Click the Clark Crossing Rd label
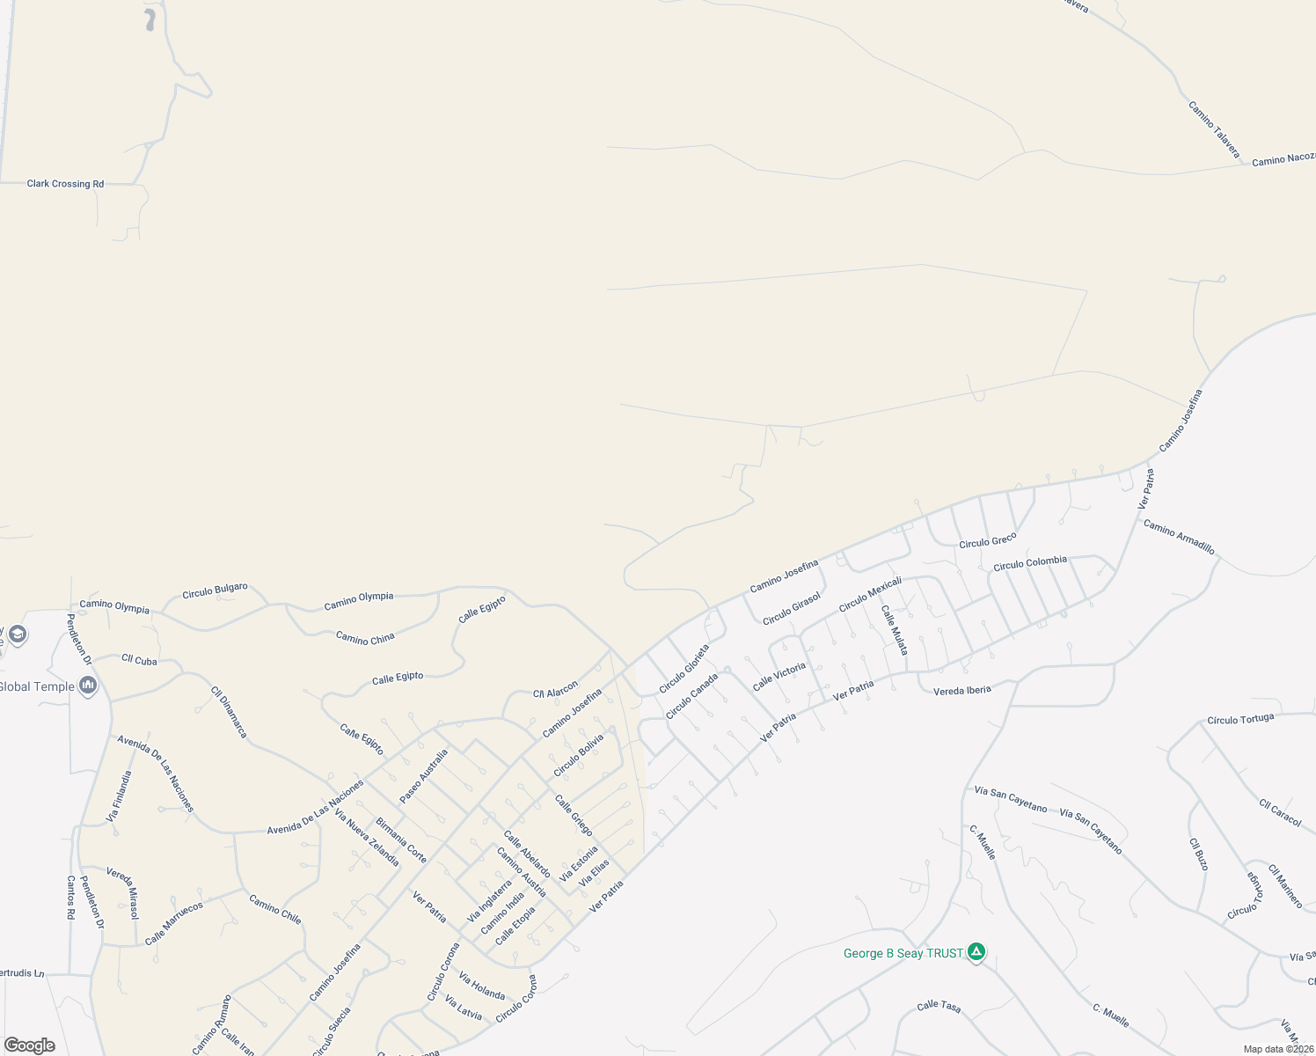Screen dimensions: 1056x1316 click(65, 184)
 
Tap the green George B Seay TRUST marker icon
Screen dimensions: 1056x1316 click(976, 951)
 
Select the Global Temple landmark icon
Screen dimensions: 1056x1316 click(87, 686)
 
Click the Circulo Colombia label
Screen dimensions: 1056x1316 click(1029, 563)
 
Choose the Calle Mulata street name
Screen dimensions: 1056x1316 click(895, 630)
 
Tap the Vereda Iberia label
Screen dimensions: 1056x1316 click(961, 690)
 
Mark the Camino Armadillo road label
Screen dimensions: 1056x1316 click(1179, 537)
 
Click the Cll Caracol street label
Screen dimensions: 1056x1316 click(1279, 812)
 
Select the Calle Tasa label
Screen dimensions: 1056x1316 click(939, 1006)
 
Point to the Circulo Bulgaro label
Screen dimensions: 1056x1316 click(215, 590)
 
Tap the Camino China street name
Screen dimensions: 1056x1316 click(365, 638)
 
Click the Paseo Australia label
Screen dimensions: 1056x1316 click(423, 775)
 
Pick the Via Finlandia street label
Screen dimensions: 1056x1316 click(119, 796)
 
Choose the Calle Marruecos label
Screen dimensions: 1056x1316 click(173, 922)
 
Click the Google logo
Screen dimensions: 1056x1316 click(29, 1045)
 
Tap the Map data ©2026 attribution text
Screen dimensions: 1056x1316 click(1277, 1049)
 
